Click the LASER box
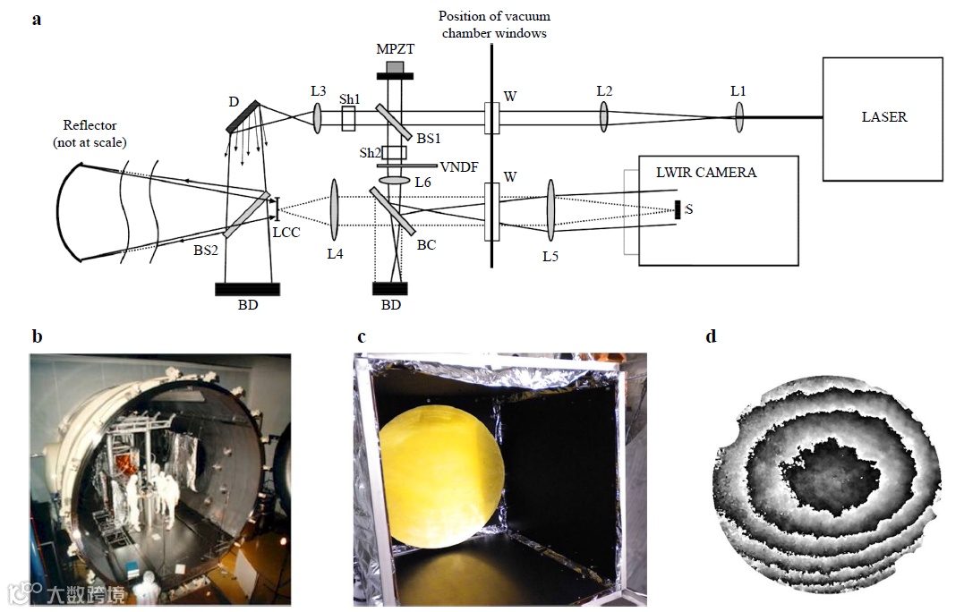tap(883, 116)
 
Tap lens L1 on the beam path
tap(739, 116)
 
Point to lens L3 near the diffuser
tap(317, 116)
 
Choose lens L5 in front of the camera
tap(550, 211)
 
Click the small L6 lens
tap(393, 181)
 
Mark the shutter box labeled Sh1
tap(348, 117)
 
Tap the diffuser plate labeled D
tap(243, 116)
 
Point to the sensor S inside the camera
tap(678, 210)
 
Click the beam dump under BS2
tap(247, 289)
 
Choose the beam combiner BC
tap(391, 215)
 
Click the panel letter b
tap(37, 336)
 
